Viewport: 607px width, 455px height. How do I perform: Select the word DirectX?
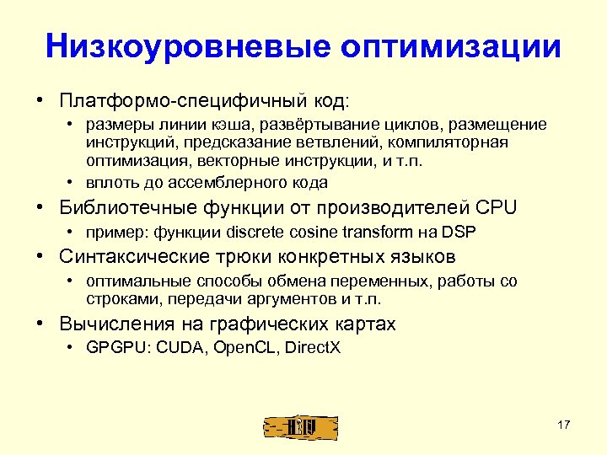(310, 347)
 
